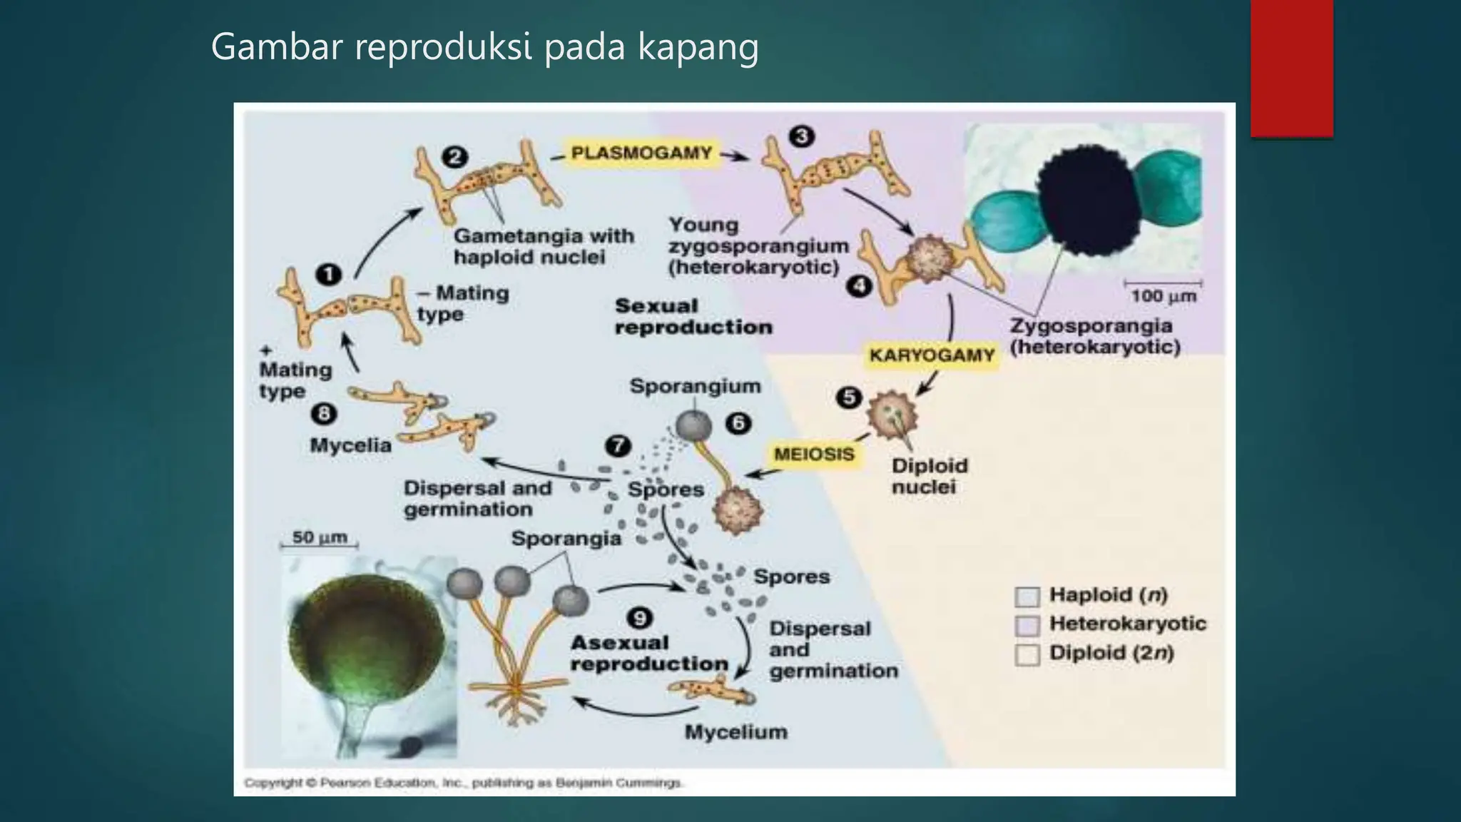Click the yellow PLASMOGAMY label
[641, 153]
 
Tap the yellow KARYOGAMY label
[932, 355]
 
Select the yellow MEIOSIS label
[814, 454]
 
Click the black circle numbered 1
[328, 274]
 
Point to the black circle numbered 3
[802, 136]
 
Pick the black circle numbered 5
[849, 397]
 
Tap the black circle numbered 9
[639, 617]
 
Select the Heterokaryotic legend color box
[1027, 625]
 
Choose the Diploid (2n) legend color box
[1027, 654]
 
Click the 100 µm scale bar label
[1164, 295]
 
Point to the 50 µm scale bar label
[320, 537]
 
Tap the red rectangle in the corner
[1291, 68]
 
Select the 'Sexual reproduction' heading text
[693, 317]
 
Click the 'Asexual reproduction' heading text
[648, 653]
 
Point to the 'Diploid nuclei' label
[930, 476]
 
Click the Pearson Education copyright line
[464, 783]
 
